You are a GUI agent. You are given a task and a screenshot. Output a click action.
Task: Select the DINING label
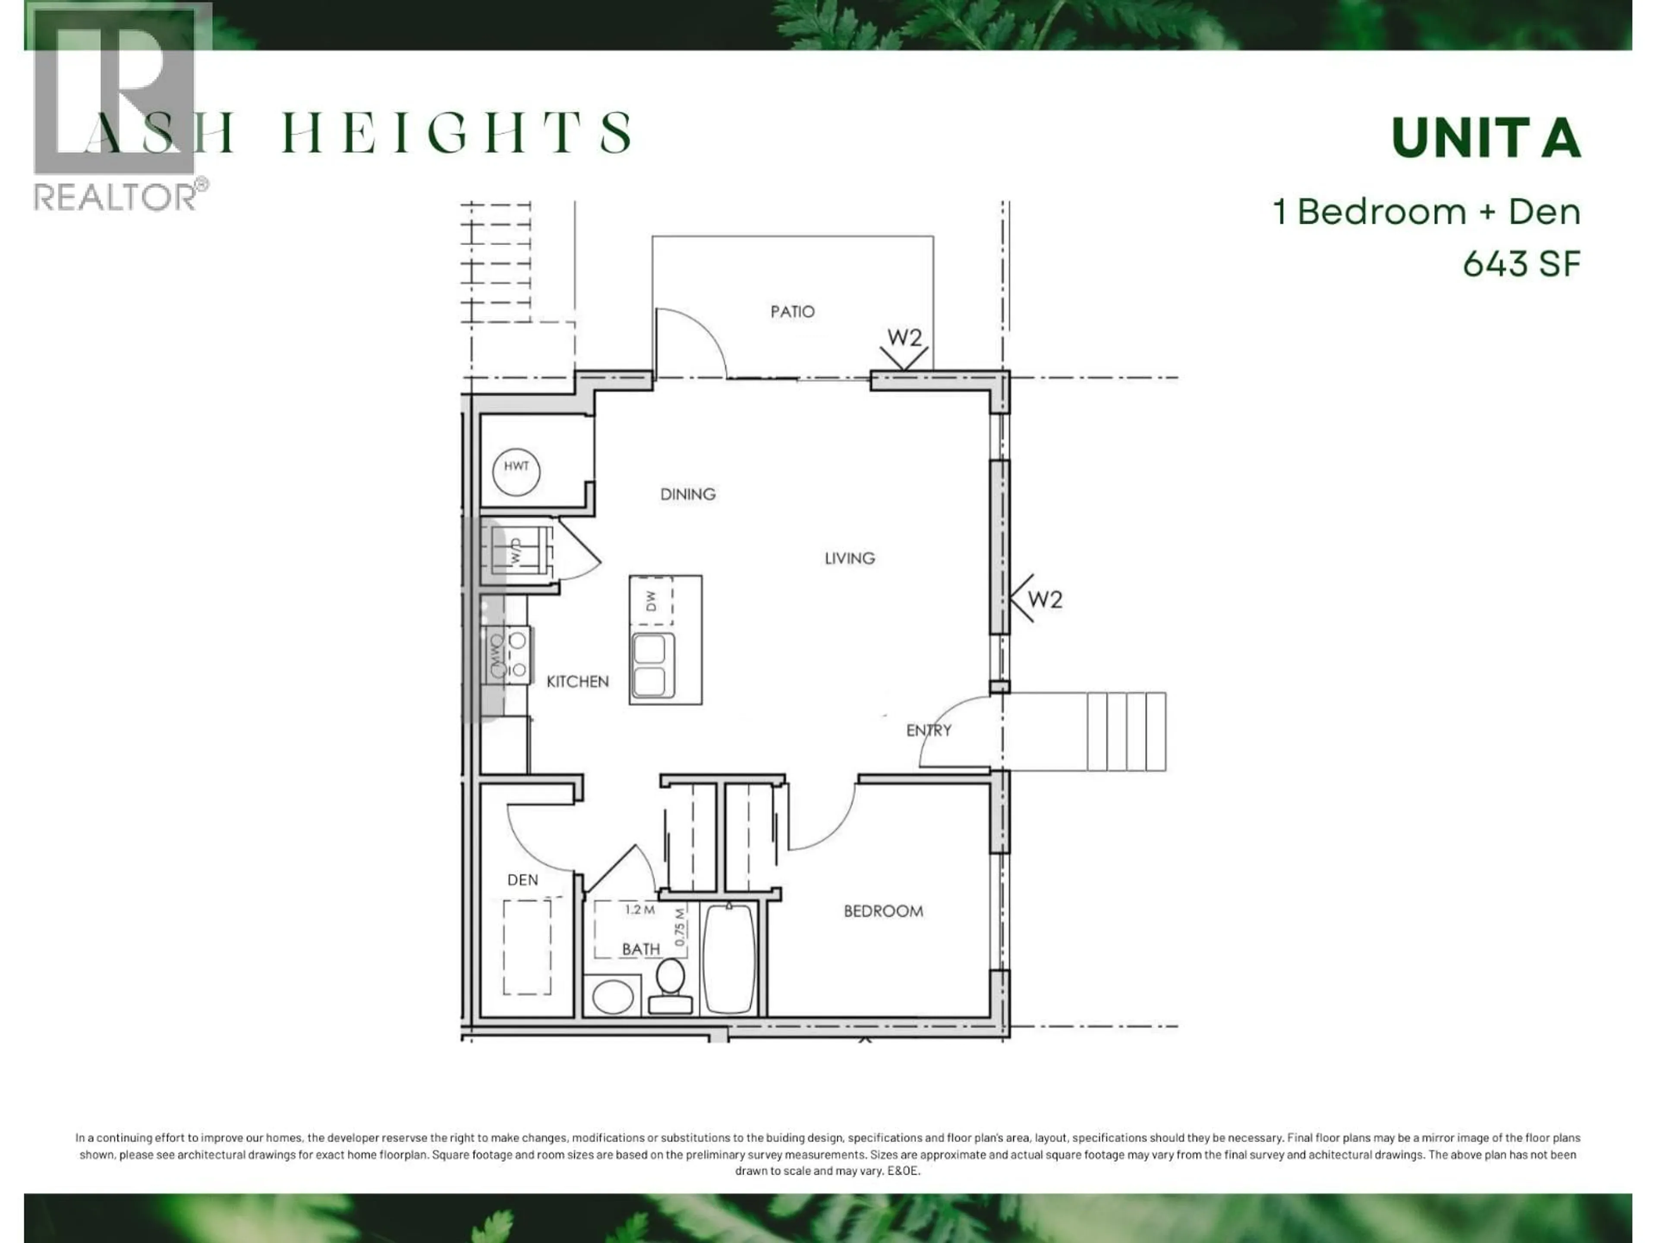688,494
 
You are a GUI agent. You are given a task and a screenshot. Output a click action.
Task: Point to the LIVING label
850,558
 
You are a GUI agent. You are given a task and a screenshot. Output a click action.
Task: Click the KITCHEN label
577,681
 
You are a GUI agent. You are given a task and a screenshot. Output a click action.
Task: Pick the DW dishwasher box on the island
651,601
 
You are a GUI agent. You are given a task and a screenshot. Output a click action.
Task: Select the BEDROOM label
883,911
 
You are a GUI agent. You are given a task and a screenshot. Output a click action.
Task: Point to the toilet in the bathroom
670,985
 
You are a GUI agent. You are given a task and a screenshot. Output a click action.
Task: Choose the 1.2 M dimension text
640,909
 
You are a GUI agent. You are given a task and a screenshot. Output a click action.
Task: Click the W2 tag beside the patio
904,338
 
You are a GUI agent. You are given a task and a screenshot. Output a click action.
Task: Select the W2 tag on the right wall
1044,599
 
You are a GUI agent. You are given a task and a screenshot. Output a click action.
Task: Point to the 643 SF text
1522,264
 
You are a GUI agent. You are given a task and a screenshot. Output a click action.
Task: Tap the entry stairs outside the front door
1126,731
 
